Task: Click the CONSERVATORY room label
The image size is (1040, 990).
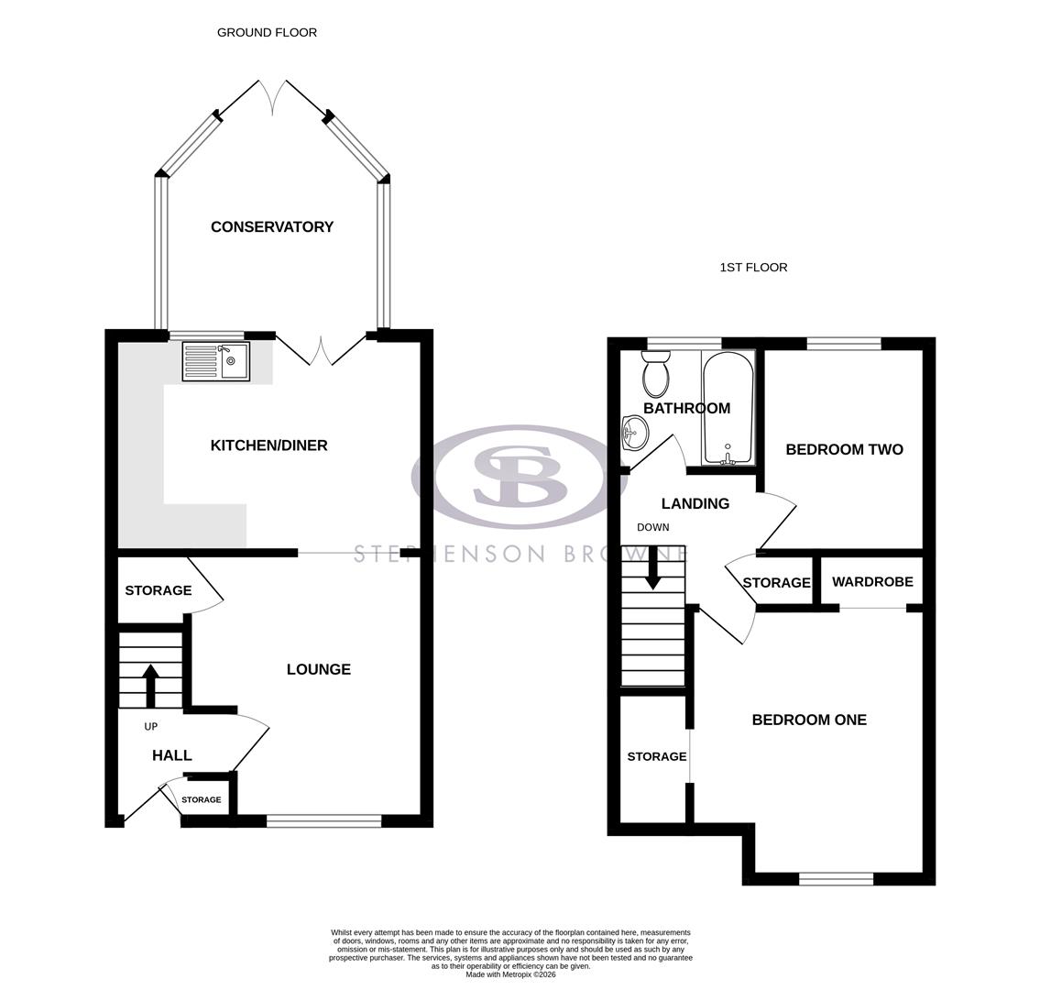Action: [272, 227]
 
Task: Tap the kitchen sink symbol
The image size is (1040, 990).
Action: [216, 361]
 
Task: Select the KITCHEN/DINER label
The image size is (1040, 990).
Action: [268, 445]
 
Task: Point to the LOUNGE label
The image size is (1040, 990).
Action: [319, 669]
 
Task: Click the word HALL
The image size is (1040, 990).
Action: [172, 755]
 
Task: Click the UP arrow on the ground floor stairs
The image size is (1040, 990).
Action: [151, 684]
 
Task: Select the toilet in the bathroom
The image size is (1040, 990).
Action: [655, 375]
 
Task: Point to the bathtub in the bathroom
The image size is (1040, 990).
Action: [728, 408]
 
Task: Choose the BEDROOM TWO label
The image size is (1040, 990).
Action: [844, 449]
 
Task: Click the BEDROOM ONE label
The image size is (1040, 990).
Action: [809, 720]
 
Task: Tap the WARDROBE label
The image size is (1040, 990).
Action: [872, 582]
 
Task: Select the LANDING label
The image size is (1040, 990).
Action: [695, 503]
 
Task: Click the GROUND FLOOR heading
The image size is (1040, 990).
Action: [267, 32]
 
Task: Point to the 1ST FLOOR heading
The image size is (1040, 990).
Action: [753, 268]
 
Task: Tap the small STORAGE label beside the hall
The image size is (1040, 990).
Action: [201, 800]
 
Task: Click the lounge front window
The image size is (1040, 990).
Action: [323, 820]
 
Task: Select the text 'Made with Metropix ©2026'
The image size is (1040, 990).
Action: [510, 974]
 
